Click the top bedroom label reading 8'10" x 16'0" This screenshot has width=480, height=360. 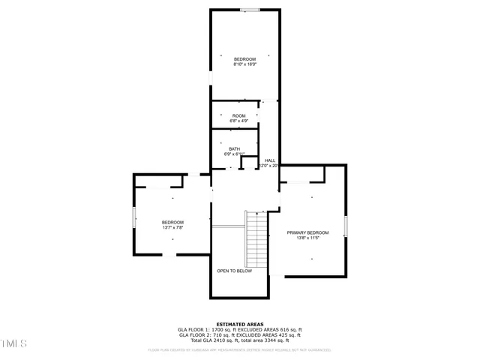[244, 64]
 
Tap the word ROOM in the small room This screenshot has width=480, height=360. [238, 115]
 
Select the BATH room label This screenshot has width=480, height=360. [234, 148]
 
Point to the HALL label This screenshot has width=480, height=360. [270, 160]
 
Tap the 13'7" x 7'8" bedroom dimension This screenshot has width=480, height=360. [172, 227]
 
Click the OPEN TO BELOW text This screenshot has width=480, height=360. [234, 271]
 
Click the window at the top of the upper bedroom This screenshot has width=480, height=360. [250, 10]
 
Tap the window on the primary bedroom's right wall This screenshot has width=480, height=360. [346, 226]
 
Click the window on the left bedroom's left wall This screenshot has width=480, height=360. [134, 217]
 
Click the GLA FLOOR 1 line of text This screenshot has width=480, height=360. [239, 330]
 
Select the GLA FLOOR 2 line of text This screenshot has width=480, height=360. [239, 335]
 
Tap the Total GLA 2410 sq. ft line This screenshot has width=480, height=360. [239, 340]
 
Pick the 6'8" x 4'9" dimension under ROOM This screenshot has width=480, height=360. [238, 121]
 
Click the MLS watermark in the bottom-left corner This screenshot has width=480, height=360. [13, 344]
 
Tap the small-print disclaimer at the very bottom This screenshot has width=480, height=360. [239, 349]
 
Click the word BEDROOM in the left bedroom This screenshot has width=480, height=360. [172, 222]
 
